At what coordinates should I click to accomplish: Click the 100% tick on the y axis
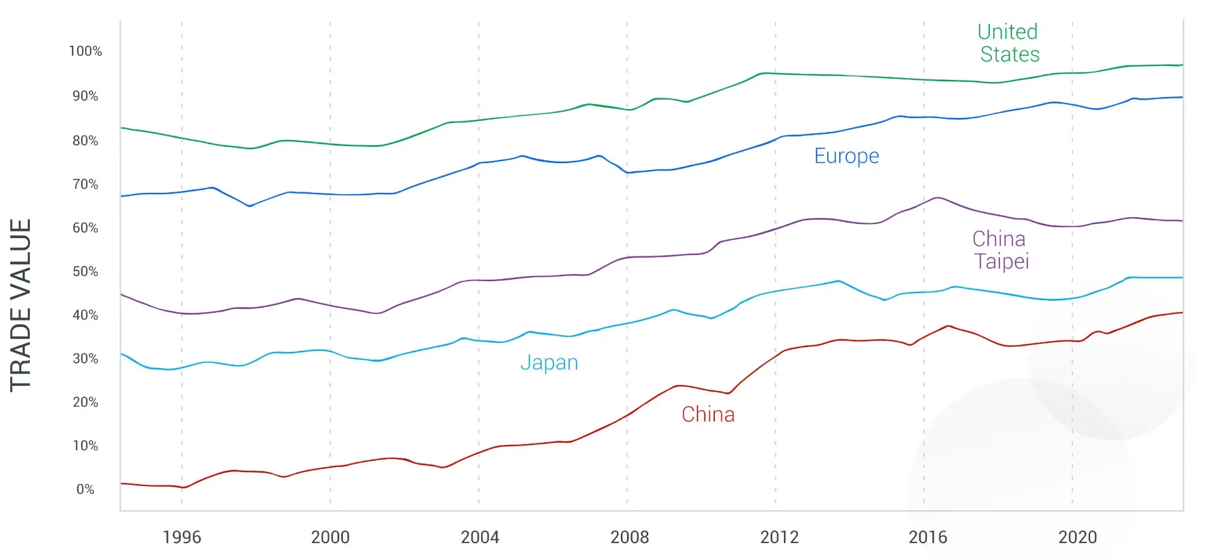tap(85, 51)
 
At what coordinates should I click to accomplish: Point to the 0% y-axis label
tap(85, 489)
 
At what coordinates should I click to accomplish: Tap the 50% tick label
tap(85, 272)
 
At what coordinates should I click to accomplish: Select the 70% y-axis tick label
tap(85, 185)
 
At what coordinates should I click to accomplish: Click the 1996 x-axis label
tap(182, 537)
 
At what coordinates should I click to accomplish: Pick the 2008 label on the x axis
tap(629, 537)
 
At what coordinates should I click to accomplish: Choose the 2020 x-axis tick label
tap(1077, 537)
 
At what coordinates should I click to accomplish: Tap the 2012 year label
tap(779, 537)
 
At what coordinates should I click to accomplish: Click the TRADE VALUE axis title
tap(21, 305)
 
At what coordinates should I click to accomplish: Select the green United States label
tap(1009, 43)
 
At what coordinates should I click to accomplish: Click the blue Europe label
tap(846, 156)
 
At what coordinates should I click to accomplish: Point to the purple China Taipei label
tap(1000, 250)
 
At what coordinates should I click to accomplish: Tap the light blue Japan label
tap(549, 362)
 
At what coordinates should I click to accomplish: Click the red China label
tap(708, 414)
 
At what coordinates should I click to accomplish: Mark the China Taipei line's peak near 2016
tap(938, 198)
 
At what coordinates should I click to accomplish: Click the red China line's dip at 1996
tap(183, 487)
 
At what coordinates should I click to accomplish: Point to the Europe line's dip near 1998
tap(250, 206)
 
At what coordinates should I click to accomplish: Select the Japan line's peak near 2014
tap(838, 280)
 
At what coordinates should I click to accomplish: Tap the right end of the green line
tap(1182, 65)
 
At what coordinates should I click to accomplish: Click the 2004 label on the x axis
tap(479, 537)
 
